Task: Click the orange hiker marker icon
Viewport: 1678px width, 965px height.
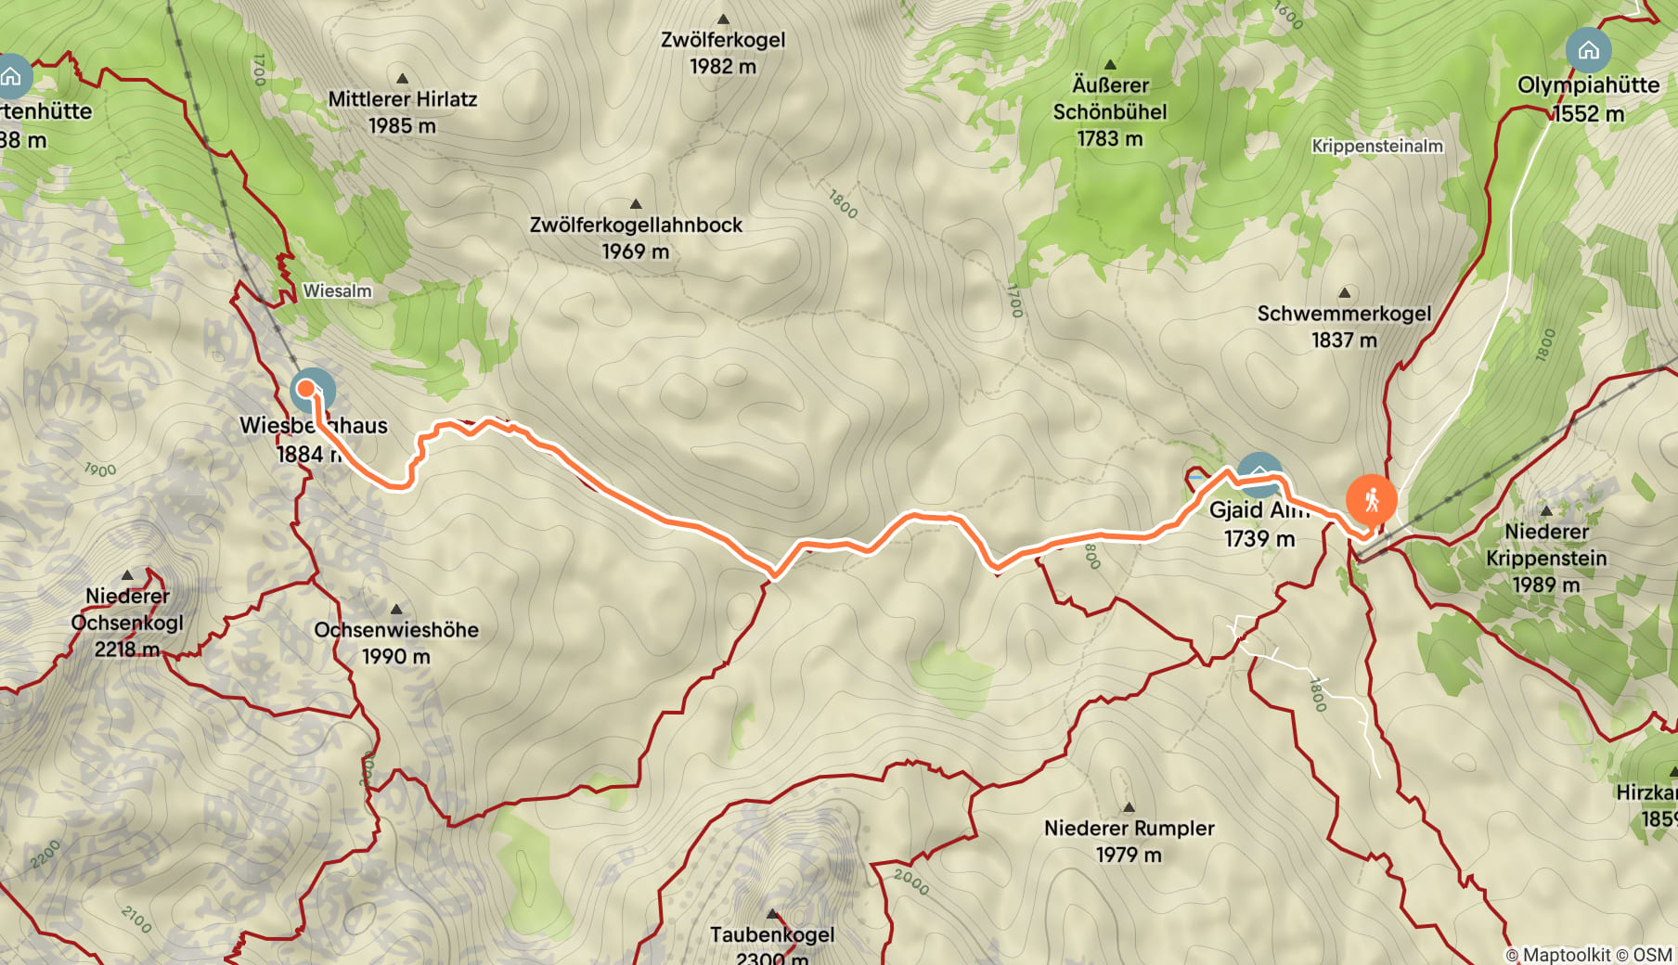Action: coord(1371,501)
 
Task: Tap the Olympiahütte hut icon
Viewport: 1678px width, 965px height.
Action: coord(1588,50)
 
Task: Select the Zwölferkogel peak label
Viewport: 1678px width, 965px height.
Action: coord(722,40)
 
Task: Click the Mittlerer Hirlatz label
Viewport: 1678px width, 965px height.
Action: coord(402,99)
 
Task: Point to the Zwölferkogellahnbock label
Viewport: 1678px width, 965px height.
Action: coord(636,225)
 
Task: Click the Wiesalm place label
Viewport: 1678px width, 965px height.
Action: coord(337,291)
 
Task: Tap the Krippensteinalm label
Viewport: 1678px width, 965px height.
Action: coord(1377,147)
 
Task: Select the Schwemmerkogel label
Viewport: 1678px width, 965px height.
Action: coord(1344,314)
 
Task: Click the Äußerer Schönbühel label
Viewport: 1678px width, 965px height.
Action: coord(1110,98)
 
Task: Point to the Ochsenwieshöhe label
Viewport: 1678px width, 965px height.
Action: coord(396,630)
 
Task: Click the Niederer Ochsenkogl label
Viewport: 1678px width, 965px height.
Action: coord(127,610)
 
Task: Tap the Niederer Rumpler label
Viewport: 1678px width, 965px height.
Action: coord(1129,829)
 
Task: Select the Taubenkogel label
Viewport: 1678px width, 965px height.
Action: coord(771,934)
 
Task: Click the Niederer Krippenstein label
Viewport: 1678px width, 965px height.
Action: coord(1546,545)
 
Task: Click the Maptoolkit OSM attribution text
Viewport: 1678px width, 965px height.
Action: coord(1588,955)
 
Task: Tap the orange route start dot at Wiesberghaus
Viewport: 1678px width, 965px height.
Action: coord(305,389)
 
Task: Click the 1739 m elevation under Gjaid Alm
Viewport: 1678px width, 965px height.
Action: coord(1258,539)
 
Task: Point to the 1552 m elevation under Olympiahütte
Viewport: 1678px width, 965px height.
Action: coord(1589,114)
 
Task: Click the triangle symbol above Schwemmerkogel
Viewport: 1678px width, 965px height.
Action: coord(1344,293)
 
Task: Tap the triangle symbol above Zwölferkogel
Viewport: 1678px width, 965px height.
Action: coord(722,19)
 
